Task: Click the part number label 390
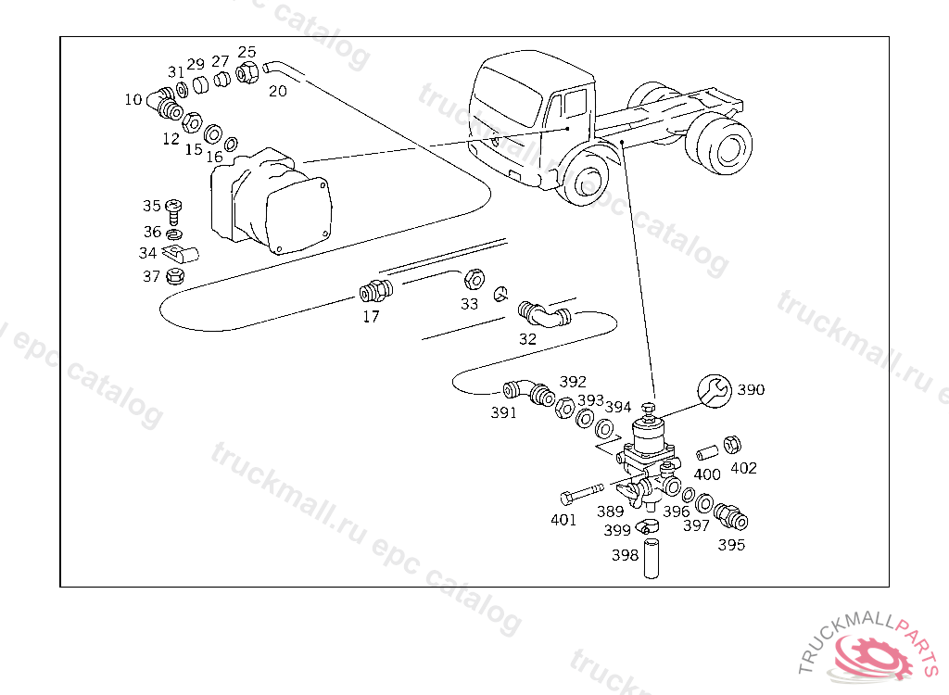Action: point(751,390)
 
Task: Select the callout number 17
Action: point(371,316)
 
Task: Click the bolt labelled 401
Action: point(581,490)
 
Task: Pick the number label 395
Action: point(731,545)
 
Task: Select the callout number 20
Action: point(278,91)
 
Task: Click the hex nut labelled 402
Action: point(731,444)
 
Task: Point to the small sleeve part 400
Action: point(705,454)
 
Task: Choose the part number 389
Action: point(610,512)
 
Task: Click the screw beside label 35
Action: point(175,208)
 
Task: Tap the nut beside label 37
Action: point(175,275)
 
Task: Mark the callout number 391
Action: point(503,413)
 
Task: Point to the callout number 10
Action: point(133,99)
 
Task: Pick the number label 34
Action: point(148,253)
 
